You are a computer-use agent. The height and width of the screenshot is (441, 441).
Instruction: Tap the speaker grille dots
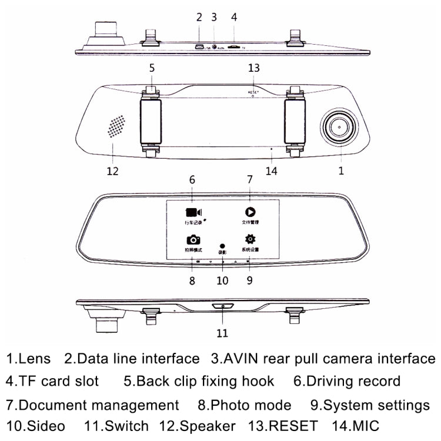click(x=116, y=126)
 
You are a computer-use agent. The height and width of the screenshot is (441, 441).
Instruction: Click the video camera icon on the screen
click(x=192, y=212)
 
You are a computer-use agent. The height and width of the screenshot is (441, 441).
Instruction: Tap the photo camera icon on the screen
click(x=193, y=239)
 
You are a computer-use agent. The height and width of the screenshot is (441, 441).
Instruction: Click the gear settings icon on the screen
click(x=250, y=239)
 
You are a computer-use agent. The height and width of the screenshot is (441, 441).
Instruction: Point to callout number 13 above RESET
click(x=253, y=68)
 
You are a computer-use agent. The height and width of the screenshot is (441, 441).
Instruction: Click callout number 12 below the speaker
click(x=112, y=171)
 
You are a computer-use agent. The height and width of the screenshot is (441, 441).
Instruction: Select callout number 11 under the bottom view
click(x=222, y=333)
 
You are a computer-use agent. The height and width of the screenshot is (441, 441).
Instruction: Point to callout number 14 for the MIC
click(x=270, y=171)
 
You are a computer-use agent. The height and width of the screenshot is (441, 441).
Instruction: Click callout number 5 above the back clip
click(x=152, y=68)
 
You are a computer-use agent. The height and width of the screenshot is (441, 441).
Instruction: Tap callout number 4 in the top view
click(x=234, y=17)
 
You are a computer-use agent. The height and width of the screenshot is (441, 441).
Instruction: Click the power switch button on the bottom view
click(x=223, y=306)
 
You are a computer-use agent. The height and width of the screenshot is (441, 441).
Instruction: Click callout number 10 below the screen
click(x=222, y=280)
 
